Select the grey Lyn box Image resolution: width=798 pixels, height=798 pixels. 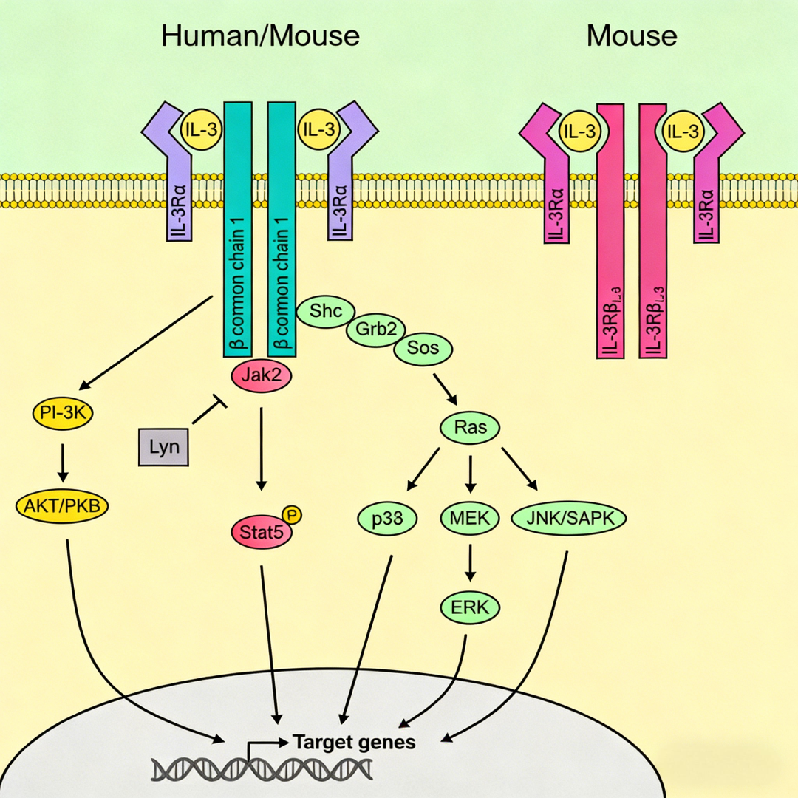click(x=163, y=447)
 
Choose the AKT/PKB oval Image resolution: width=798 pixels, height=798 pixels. click(x=62, y=506)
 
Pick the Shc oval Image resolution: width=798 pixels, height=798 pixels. click(x=327, y=311)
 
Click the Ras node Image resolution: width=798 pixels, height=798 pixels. click(x=470, y=426)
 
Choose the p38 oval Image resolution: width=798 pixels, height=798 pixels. click(x=388, y=519)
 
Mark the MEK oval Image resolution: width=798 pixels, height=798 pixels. click(x=470, y=519)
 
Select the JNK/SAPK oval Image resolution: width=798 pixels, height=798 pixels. click(x=569, y=519)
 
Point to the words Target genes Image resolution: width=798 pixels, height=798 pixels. click(x=355, y=741)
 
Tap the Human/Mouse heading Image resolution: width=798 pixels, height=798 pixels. click(x=260, y=35)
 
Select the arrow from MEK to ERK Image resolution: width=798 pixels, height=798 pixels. click(x=470, y=563)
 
